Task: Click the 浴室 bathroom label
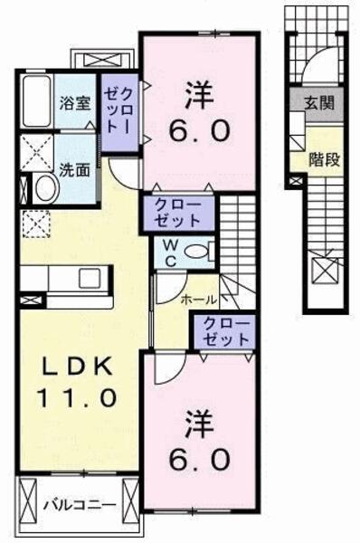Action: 74,102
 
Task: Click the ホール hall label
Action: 198,298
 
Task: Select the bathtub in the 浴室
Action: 36,102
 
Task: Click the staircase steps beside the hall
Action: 241,235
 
